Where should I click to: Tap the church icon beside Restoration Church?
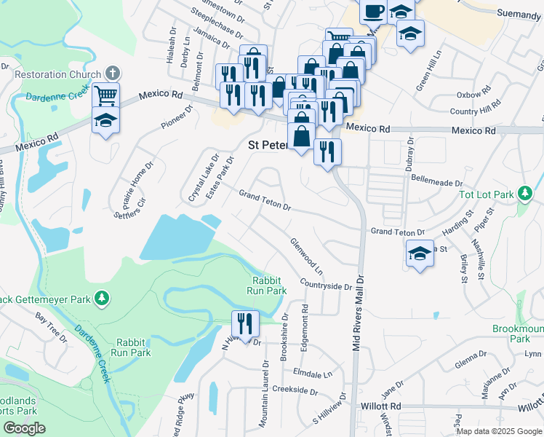click(x=111, y=73)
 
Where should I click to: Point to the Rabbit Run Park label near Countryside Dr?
click(x=269, y=285)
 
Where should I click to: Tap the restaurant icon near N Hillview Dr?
click(x=245, y=323)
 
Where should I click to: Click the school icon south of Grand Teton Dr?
click(x=420, y=254)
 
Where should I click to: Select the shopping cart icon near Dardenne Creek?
click(x=105, y=95)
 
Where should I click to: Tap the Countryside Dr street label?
click(x=325, y=286)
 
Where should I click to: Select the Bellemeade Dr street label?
click(x=436, y=178)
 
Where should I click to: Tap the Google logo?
click(x=24, y=428)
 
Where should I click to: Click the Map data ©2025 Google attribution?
click(x=497, y=430)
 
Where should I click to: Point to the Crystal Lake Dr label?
click(x=204, y=178)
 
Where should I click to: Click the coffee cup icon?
click(x=374, y=12)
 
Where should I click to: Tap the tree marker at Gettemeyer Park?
click(x=103, y=298)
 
